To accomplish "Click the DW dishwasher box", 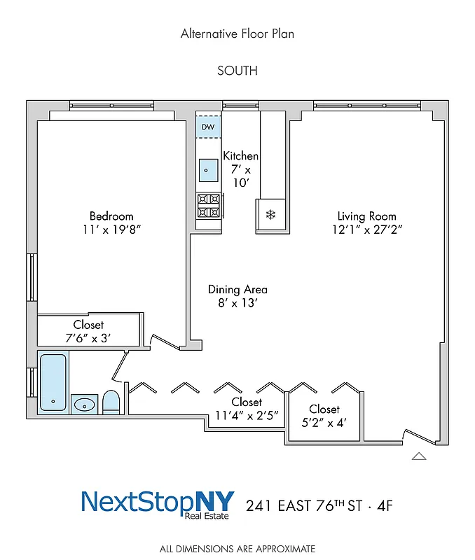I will coord(209,127).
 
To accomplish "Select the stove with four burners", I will coord(209,206).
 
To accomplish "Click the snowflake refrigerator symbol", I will coord(270,213).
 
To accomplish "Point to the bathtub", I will coord(53,382).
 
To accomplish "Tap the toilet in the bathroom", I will coord(111,402).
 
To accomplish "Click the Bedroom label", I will coord(111,216).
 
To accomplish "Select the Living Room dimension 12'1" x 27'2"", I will coord(367,229).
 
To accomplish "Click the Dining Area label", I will coord(238,289).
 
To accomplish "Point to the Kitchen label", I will coord(240,156).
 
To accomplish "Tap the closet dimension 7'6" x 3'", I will coord(88,338).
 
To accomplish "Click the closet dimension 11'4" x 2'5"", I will coord(247,415).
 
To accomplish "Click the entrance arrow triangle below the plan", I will coord(419,456).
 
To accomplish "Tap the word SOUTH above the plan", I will coord(238,71).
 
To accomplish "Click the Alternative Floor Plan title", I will coord(238,33).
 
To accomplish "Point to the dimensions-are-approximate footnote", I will coord(238,549).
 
